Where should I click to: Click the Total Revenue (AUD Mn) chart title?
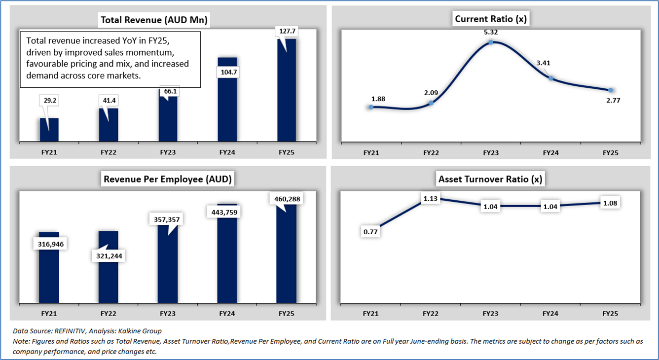coord(154,20)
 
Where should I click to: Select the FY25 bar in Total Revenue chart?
coord(287,94)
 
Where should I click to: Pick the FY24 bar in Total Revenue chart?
coord(227,104)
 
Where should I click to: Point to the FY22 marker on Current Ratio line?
coord(431,103)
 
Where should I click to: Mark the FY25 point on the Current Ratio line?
coord(611,90)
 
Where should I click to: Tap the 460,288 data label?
coord(286,199)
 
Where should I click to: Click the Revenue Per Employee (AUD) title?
coord(167,179)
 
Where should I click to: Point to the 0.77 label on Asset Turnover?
coord(370,231)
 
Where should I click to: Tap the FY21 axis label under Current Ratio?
coord(371,153)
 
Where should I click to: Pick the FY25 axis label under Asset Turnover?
coord(610,313)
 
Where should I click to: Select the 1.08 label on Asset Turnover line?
coord(610,203)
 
